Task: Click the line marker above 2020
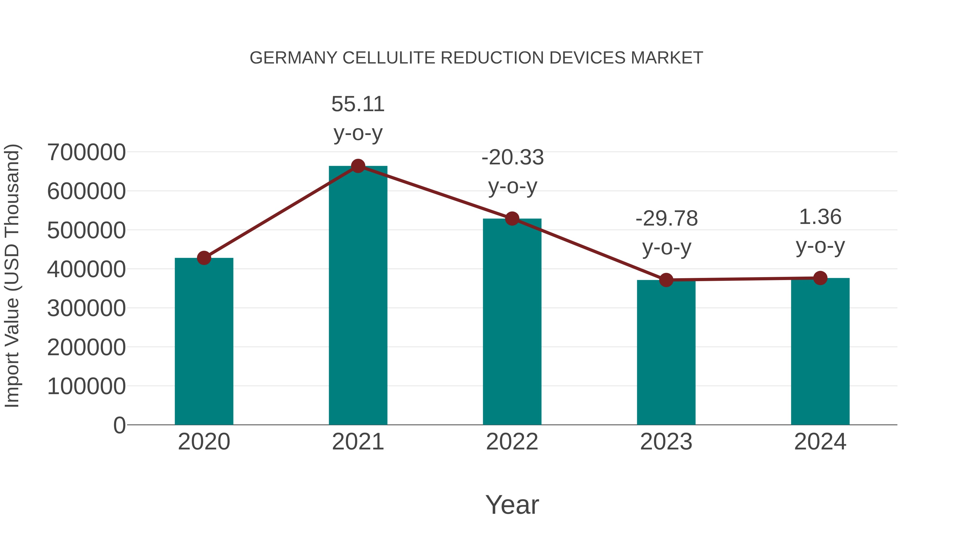pos(204,258)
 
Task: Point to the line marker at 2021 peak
pos(358,166)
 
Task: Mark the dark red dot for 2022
pos(512,219)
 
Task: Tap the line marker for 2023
pos(666,280)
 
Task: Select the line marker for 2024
pos(820,278)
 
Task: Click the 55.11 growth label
pos(358,104)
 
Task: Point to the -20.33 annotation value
pos(513,157)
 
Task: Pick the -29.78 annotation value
pos(666,218)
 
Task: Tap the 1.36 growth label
pos(820,217)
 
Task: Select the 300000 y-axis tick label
pos(86,308)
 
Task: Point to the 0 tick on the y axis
pos(119,425)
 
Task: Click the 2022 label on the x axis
pos(512,442)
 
